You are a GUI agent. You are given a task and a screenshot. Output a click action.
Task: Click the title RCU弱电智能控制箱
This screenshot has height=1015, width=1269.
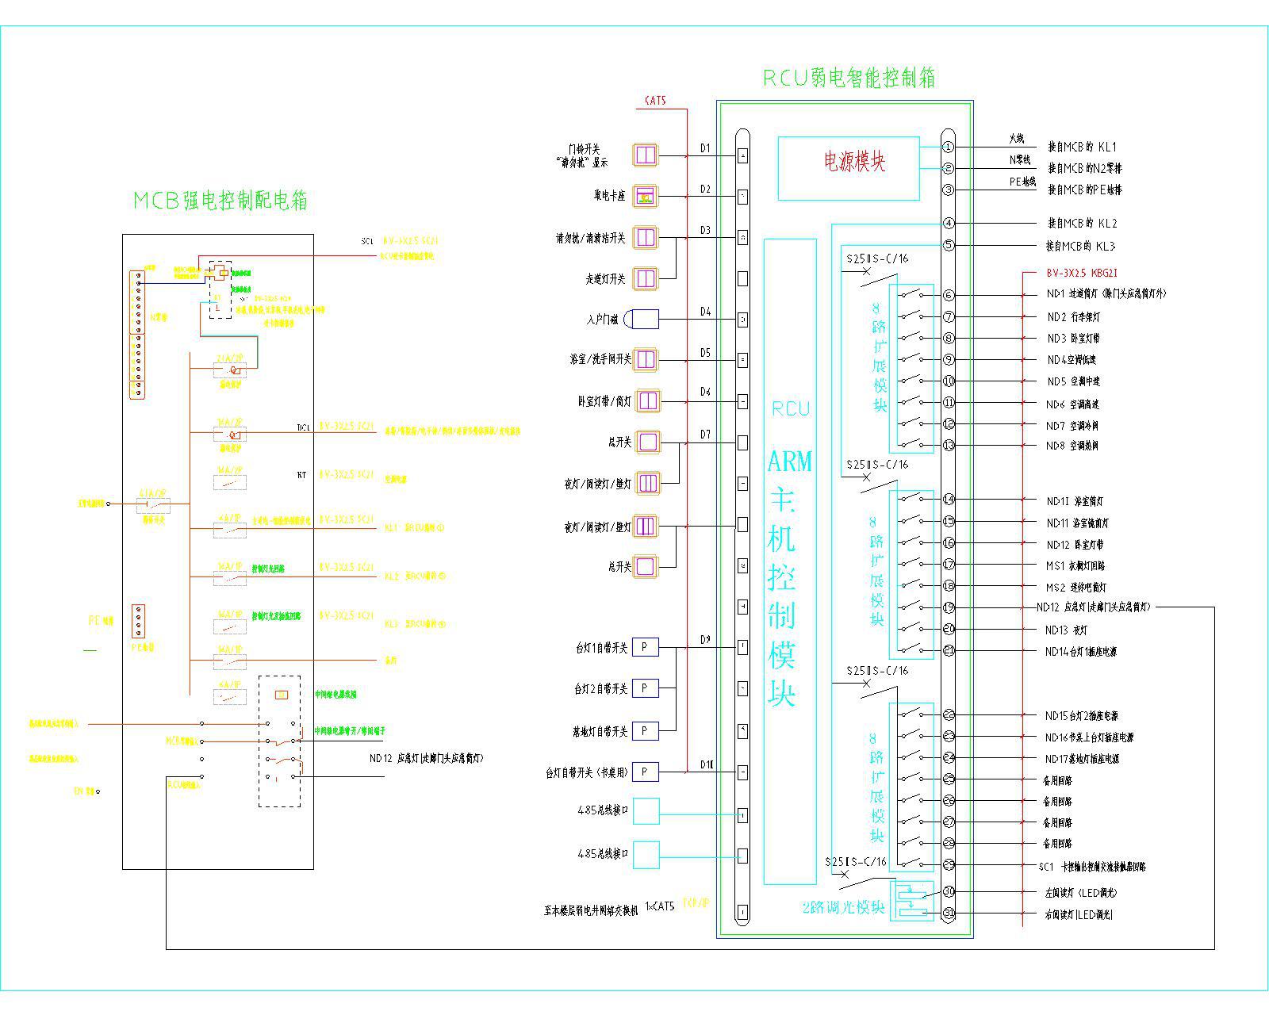pyautogui.click(x=849, y=78)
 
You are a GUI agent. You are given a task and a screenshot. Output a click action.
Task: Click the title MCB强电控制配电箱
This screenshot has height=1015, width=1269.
pyautogui.click(x=220, y=201)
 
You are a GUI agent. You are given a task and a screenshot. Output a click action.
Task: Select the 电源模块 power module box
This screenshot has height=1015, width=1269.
pyautogui.click(x=848, y=168)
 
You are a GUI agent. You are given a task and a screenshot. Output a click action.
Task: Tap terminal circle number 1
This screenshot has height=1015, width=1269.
pyautogui.click(x=949, y=147)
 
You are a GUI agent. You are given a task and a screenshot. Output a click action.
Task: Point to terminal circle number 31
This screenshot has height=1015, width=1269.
pyautogui.click(x=949, y=913)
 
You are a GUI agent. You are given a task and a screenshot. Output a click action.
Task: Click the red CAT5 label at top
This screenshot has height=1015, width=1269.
pyautogui.click(x=655, y=101)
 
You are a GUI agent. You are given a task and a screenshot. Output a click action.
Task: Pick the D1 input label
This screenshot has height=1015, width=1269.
pyautogui.click(x=705, y=148)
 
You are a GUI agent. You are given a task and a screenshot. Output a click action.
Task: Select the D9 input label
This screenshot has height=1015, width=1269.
pyautogui.click(x=705, y=640)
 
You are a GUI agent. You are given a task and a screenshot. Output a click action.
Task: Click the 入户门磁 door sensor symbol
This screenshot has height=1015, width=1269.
pyautogui.click(x=642, y=320)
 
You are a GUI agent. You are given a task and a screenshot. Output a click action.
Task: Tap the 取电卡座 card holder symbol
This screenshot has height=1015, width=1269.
pyautogui.click(x=646, y=196)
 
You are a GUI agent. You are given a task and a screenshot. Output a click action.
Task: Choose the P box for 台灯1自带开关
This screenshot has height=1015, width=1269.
pyautogui.click(x=645, y=647)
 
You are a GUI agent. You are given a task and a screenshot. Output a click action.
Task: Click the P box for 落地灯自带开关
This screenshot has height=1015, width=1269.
pyautogui.click(x=645, y=730)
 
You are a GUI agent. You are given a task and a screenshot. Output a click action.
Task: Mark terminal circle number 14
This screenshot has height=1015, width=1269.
pyautogui.click(x=949, y=500)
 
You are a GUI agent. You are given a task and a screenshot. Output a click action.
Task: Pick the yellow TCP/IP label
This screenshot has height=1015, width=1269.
pyautogui.click(x=696, y=904)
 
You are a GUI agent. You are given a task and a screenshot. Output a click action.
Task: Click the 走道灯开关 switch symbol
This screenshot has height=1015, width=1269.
pyautogui.click(x=646, y=278)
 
